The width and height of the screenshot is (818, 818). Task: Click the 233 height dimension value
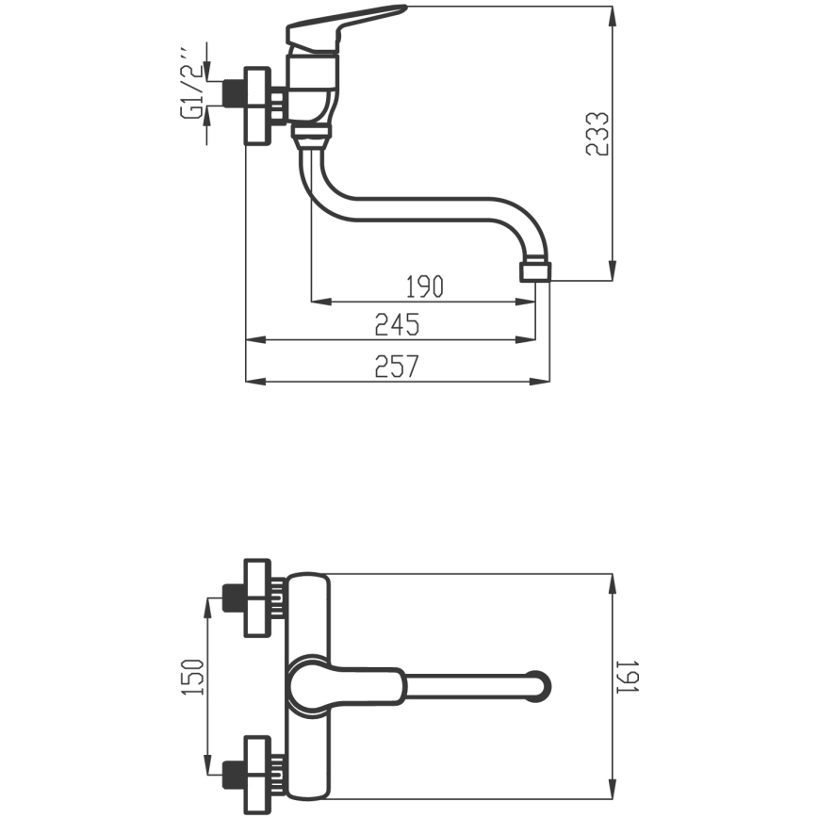click(597, 134)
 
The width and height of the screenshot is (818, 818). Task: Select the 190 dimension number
click(425, 286)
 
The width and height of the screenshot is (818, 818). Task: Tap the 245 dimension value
click(397, 324)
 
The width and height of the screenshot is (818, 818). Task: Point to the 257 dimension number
click(397, 367)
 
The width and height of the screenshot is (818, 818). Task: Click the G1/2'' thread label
click(191, 84)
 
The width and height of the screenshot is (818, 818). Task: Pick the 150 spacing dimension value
click(192, 677)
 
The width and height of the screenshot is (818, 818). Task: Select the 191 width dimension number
click(628, 678)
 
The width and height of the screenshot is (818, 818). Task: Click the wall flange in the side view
click(257, 106)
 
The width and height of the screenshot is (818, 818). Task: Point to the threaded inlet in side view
click(234, 94)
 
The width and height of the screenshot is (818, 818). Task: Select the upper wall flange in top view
click(257, 597)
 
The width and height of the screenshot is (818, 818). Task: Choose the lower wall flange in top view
click(257, 776)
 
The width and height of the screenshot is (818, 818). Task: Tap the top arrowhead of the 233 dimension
click(613, 16)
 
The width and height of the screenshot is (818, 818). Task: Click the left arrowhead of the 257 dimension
click(255, 382)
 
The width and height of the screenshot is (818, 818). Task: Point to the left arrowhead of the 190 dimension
click(321, 302)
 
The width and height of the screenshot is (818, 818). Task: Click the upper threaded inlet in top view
click(234, 597)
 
